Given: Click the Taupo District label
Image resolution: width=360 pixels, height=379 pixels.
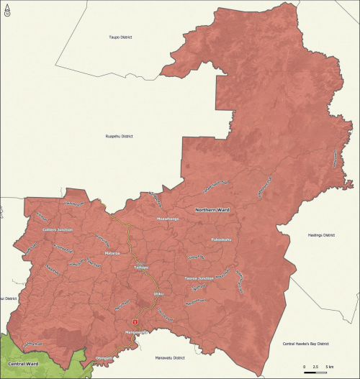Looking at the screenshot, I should pos(121,36).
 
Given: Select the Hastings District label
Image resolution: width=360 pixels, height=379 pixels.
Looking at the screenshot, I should pos(323,234).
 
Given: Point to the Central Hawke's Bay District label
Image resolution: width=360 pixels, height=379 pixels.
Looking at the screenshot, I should pos(305,344).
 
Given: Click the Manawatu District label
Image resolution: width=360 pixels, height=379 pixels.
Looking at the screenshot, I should pos(169,357).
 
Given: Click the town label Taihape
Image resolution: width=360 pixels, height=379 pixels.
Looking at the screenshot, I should pos(141,268).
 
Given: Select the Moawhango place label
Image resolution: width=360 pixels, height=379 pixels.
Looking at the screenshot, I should pos(167,218).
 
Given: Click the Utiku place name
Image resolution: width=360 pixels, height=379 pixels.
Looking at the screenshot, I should pos(159,294).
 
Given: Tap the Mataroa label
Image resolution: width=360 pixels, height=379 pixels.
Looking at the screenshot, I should pos(112,253).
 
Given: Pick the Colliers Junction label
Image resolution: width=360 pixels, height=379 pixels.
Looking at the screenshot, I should pos(58,229).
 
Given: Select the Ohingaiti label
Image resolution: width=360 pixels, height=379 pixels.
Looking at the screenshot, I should pos(96,357).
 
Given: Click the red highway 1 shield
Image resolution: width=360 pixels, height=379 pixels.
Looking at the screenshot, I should pos(134,321).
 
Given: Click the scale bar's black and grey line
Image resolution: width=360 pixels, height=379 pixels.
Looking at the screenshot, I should pos(315,373).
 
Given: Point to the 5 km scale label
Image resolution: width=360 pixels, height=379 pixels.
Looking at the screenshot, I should pos(330,367).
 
